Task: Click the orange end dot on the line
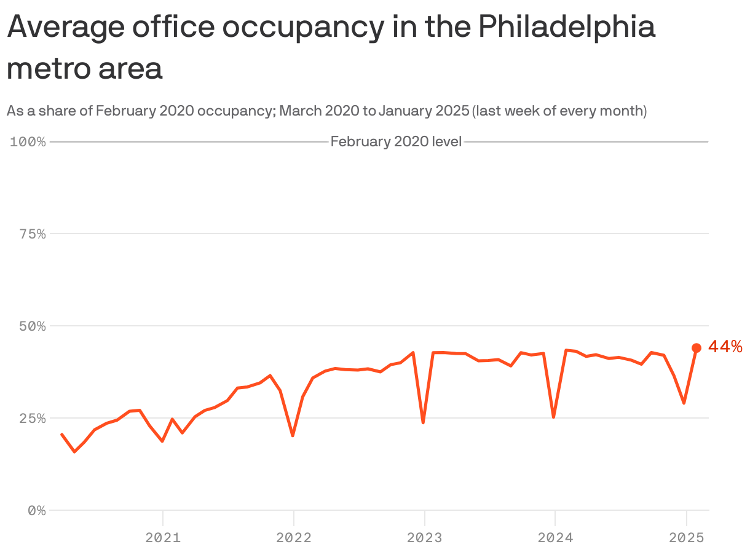(697, 348)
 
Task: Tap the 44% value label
(725, 347)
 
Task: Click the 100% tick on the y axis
(28, 142)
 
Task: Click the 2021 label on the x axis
(162, 538)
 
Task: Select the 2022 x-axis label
(293, 538)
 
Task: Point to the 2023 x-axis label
(424, 538)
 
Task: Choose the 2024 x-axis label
(555, 538)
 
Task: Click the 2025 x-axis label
(686, 538)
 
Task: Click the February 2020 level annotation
(396, 142)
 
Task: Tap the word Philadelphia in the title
(566, 28)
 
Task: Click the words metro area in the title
(84, 68)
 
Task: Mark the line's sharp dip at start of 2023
(423, 422)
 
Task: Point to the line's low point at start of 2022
(293, 435)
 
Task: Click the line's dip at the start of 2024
(554, 417)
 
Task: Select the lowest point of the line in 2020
(74, 452)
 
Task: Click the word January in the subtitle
(403, 111)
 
